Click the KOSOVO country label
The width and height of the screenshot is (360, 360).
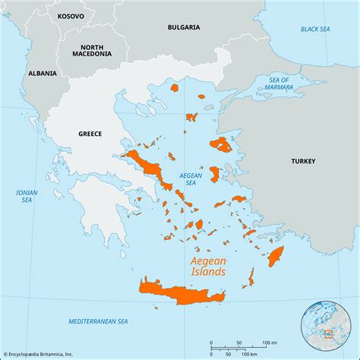pos(71,14)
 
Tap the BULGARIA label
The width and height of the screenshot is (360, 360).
pos(183,27)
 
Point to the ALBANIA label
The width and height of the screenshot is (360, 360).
pos(42,74)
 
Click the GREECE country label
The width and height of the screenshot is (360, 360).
pos(90,134)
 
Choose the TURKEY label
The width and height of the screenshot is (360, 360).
pos(302,161)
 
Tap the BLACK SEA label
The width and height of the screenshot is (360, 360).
pos(314,29)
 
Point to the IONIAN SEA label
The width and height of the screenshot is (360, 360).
pos(27,197)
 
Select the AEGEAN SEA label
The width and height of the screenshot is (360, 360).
pos(191,179)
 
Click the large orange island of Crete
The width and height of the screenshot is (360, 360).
pos(178,292)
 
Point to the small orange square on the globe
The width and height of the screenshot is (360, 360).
pos(328,333)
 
